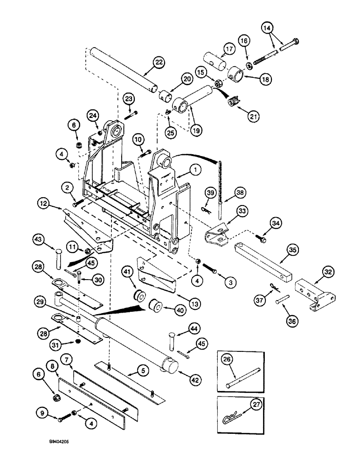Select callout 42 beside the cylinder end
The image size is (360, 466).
[x=195, y=380]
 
